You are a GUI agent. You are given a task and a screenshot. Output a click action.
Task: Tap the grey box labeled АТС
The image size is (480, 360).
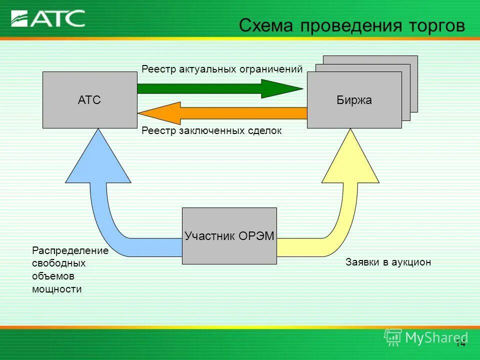(89, 100)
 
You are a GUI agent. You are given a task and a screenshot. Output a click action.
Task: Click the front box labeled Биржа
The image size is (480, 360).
(354, 100)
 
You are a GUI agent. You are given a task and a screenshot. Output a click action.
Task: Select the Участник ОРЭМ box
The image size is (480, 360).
(229, 236)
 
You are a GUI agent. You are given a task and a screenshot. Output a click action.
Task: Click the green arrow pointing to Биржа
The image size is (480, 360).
(220, 88)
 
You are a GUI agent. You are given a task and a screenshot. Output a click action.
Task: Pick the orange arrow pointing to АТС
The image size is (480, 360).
(220, 113)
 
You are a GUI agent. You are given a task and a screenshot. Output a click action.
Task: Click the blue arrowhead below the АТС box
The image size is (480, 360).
(98, 160)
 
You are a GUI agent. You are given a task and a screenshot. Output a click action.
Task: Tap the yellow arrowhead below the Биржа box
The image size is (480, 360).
(350, 160)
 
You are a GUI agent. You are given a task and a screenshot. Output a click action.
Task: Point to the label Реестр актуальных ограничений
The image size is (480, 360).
(222, 69)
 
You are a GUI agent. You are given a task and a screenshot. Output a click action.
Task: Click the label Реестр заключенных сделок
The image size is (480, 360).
(211, 131)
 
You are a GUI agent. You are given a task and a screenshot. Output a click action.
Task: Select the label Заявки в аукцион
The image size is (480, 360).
(388, 262)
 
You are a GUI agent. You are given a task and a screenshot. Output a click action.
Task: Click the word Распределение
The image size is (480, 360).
(70, 250)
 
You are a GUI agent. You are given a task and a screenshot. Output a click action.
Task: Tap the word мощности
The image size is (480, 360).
(56, 289)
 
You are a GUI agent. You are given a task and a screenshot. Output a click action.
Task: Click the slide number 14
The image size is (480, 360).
(460, 343)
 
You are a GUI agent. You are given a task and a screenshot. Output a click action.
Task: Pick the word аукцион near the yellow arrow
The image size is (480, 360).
(411, 262)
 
